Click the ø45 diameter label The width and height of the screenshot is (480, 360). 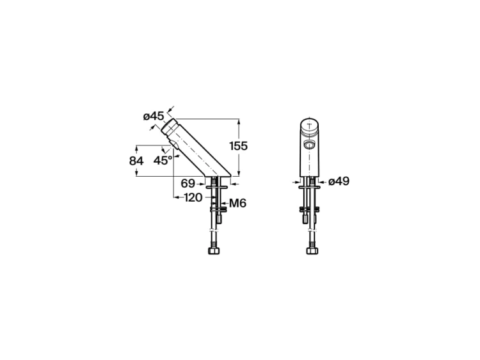click(x=154, y=117)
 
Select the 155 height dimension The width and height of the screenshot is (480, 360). click(x=239, y=146)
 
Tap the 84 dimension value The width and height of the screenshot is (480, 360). click(x=136, y=161)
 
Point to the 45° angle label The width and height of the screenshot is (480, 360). click(x=163, y=160)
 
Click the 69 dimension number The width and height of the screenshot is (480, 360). click(x=188, y=184)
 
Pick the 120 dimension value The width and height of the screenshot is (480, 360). click(x=193, y=198)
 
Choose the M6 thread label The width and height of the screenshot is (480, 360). click(x=238, y=203)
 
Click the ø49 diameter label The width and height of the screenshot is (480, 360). click(x=339, y=181)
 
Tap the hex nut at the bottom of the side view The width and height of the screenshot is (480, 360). click(x=214, y=251)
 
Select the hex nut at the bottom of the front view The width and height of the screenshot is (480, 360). click(x=312, y=251)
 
